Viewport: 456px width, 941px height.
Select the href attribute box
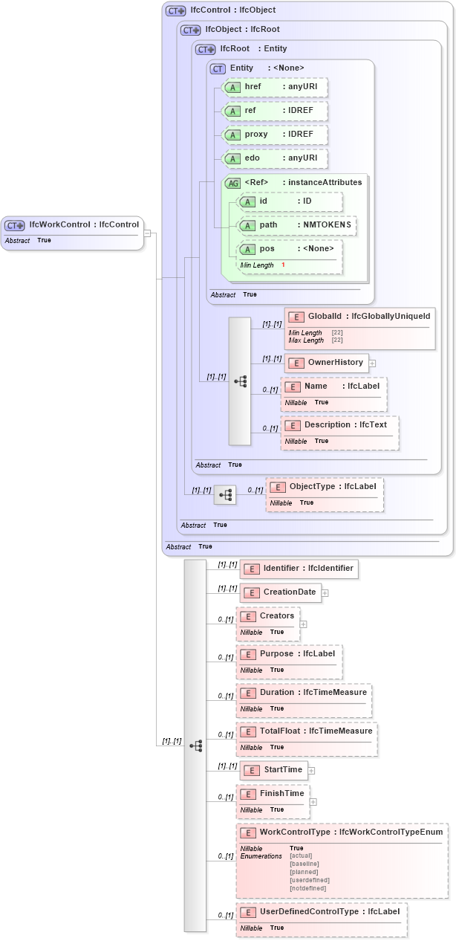276,87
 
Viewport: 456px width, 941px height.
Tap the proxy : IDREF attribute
276,135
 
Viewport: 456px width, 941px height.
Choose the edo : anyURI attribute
276,158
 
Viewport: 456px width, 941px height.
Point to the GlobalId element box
359,327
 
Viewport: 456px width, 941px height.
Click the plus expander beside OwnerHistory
373,363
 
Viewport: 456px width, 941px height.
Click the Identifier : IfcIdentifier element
299,569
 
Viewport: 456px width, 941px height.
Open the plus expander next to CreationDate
325,593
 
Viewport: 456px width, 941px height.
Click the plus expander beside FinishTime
313,802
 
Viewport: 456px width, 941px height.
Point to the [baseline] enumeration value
304,864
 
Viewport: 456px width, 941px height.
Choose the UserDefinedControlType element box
322,919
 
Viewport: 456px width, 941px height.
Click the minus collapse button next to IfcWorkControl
147,233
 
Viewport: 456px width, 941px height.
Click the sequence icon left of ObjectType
225,494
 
